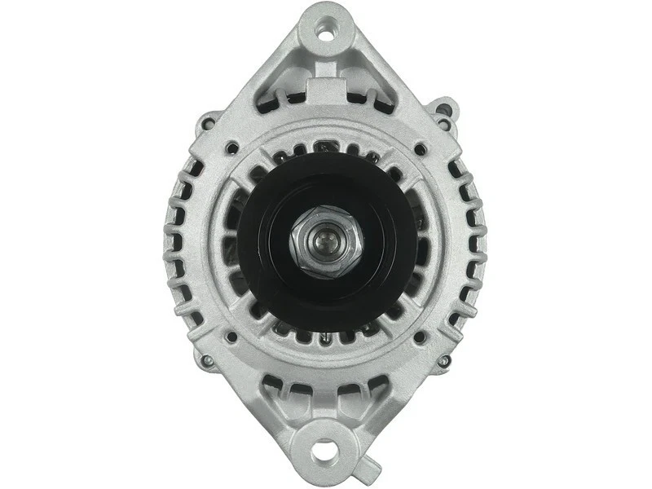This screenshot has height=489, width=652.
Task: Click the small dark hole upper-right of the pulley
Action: click(420, 150)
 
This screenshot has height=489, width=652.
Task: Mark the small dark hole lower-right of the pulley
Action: click(420, 336)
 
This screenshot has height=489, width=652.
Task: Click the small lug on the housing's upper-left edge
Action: click(208, 123)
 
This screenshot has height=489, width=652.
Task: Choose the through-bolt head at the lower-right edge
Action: click(444, 361)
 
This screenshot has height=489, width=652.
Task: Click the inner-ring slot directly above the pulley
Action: click(326, 147)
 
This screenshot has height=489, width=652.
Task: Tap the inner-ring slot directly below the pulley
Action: click(326, 337)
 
